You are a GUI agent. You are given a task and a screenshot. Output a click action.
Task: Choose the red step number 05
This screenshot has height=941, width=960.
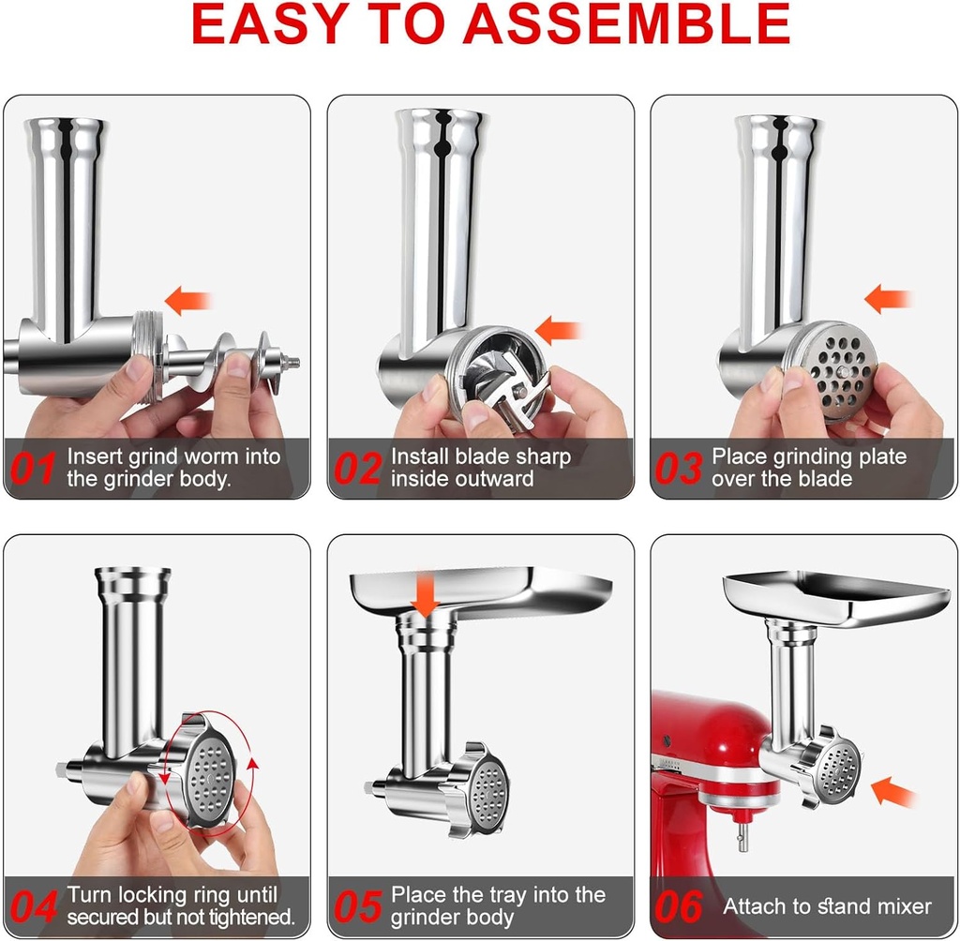tap(357, 906)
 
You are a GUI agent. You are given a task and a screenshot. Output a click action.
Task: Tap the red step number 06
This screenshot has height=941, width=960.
tap(679, 906)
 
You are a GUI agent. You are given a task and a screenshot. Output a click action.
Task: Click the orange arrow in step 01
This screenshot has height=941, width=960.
tap(188, 301)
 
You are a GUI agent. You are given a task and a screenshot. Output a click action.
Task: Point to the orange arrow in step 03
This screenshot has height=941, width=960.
tap(887, 300)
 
